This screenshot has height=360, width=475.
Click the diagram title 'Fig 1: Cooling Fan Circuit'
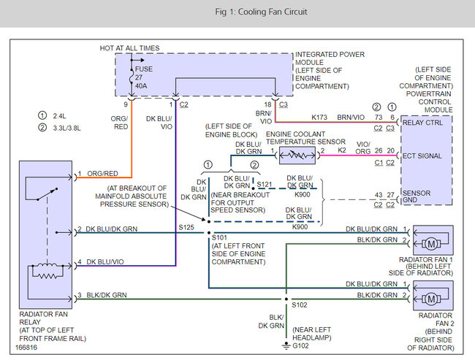tap(261, 12)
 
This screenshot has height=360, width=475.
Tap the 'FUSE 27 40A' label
tap(143, 77)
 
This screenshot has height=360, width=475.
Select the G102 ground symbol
tap(286, 346)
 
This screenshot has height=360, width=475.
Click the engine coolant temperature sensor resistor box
tap(297, 156)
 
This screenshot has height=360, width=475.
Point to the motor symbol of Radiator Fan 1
tap(431, 243)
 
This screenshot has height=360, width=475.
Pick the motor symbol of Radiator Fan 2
tap(431, 299)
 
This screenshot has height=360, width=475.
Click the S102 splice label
tap(300, 305)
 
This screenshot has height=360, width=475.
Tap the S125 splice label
tap(186, 227)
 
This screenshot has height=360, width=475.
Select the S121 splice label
tap(264, 185)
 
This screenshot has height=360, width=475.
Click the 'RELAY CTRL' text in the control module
tap(422, 123)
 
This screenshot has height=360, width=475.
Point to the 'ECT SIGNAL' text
tap(422, 156)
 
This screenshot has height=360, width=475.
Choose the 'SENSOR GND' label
tap(417, 196)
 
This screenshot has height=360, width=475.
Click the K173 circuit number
tap(319, 117)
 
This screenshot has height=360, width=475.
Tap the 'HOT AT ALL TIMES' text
tap(129, 48)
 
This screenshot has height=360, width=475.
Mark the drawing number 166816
tap(26, 348)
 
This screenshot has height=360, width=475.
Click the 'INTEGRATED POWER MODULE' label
tap(330, 58)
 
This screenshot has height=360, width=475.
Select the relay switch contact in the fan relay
tap(47, 194)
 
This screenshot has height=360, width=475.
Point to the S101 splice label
tap(219, 237)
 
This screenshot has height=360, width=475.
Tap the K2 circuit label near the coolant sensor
tap(342, 150)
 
